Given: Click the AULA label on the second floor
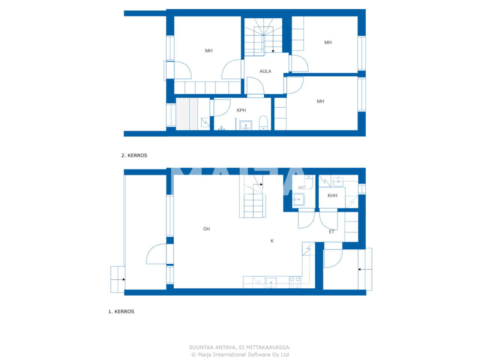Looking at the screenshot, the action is (265, 71).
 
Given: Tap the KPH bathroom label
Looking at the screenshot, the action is (241, 110).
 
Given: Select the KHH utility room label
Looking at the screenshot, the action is (332, 196).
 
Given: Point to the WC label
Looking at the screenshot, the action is (301, 188).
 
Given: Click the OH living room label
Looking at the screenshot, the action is (206, 229).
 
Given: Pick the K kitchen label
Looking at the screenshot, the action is (272, 241).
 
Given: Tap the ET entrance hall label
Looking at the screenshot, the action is (331, 232).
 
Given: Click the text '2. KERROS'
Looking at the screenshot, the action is (134, 155).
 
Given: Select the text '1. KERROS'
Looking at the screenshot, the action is (121, 312).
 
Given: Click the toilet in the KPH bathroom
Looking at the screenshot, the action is (263, 123).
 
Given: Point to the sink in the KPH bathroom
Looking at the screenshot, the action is (245, 125).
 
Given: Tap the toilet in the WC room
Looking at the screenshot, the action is (308, 181).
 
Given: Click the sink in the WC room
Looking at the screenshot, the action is (298, 199).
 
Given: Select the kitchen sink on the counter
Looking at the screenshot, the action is (270, 283).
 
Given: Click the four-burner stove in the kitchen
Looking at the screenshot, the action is (294, 282).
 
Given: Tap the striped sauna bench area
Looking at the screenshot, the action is (186, 114).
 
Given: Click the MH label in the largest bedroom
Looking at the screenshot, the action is (208, 51).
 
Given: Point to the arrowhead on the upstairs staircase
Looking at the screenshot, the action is (273, 51).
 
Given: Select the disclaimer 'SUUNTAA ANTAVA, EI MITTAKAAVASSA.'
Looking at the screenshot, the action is (240, 347).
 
